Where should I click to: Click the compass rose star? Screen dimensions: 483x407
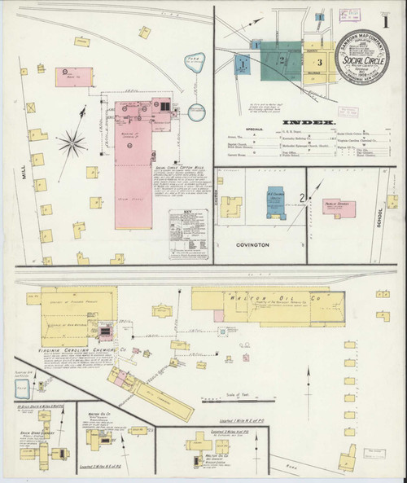72,143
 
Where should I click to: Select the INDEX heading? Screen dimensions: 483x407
309,122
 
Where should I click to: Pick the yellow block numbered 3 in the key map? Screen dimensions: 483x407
320,61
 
